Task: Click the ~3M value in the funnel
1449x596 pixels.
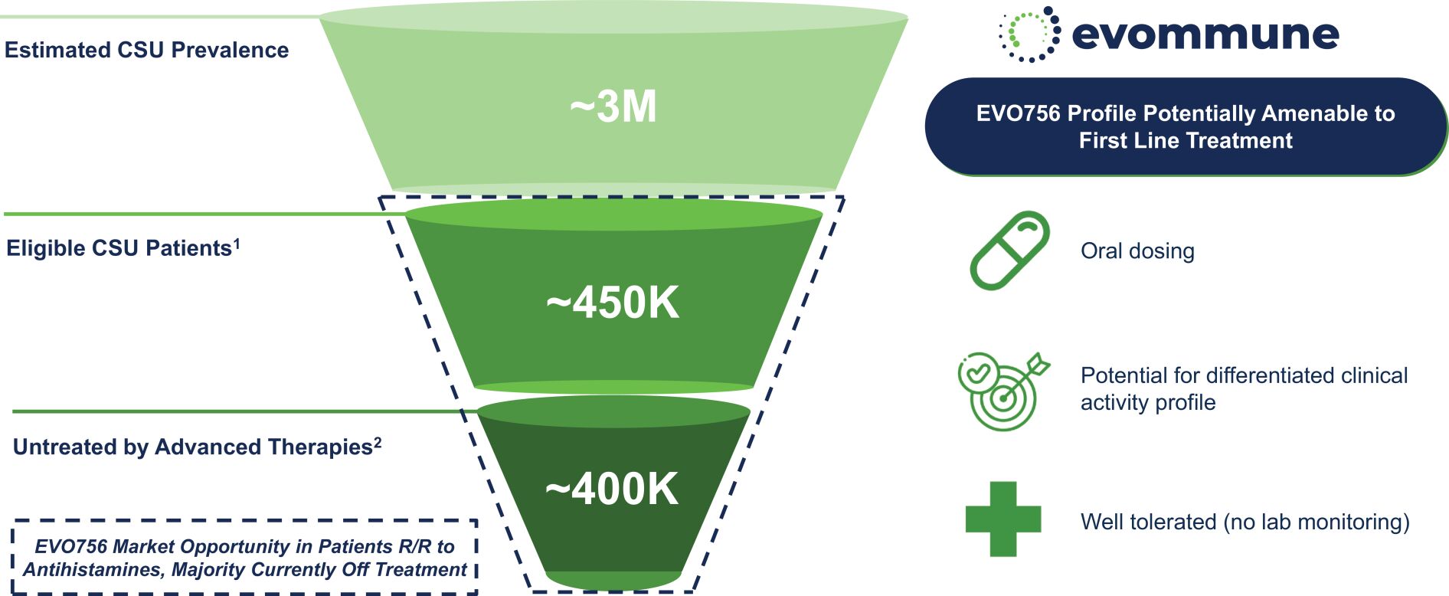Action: [x=613, y=106]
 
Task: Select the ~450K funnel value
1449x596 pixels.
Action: [x=612, y=303]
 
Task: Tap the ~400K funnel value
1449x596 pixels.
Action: [x=611, y=489]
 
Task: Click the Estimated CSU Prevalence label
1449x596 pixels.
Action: [x=146, y=51]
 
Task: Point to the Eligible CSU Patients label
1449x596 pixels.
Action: [x=119, y=248]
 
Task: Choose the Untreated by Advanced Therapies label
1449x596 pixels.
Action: [x=192, y=447]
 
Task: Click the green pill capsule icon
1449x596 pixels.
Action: [x=1009, y=251]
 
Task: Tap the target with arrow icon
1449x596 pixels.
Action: [x=1003, y=390]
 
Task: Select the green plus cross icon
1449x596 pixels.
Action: [x=1003, y=519]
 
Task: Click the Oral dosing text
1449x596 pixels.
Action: [x=1137, y=251]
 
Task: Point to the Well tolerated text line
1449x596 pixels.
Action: [x=1245, y=522]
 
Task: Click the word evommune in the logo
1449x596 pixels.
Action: [x=1205, y=34]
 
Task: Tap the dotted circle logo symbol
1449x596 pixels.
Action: [x=1029, y=34]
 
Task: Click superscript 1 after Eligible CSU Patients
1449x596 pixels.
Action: [x=237, y=244]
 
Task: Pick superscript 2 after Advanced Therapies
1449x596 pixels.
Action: [x=377, y=443]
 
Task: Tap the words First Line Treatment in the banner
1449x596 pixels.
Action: [x=1186, y=141]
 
